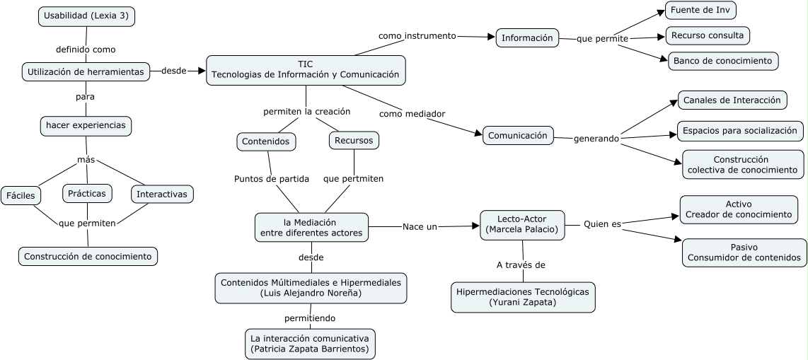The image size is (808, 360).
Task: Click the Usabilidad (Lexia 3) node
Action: pos(86,16)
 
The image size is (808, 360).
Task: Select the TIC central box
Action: pos(306,69)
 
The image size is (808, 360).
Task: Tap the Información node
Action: pos(527,38)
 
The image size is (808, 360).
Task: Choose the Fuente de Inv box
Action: pos(700,11)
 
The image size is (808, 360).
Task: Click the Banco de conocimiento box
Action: pos(722,61)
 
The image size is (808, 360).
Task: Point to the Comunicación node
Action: pos(518,135)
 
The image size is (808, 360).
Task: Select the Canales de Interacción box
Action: pos(732,100)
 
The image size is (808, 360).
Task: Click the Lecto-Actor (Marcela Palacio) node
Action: pos(523,223)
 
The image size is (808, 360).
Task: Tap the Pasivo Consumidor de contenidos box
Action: pos(744,252)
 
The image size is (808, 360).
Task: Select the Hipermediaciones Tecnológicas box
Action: pos(523,296)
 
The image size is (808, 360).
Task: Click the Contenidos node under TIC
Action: pos(265,141)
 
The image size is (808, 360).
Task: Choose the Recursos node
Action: pos(354,140)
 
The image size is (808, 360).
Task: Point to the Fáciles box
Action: pos(21,194)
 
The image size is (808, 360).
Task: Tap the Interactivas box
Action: pos(162,194)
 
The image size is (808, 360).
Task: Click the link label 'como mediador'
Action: pos(412,113)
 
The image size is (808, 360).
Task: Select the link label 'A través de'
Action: pos(520,265)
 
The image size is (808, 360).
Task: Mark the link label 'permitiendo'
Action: pos(310,318)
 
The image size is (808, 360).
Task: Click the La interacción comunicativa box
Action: pos(310,343)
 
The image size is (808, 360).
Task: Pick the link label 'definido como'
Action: pos(86,50)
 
